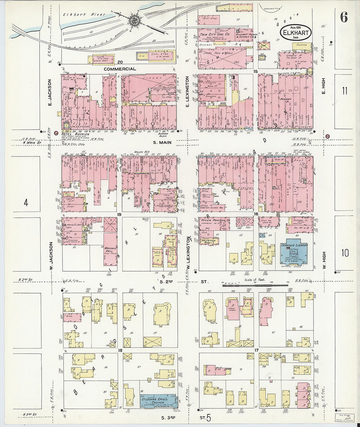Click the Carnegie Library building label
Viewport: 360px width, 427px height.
click(x=295, y=245)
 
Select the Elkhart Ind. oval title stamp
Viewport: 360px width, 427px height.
click(x=296, y=32)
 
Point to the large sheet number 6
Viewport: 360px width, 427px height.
click(x=344, y=17)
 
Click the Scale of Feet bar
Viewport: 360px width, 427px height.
click(x=255, y=286)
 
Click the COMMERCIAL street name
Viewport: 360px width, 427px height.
click(x=120, y=69)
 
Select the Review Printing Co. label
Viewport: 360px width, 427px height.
click(x=214, y=220)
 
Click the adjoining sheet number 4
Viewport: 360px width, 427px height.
click(x=26, y=203)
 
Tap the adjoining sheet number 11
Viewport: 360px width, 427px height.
click(x=344, y=91)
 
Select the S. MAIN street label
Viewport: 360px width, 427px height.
click(x=162, y=142)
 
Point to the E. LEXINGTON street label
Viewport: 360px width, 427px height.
click(x=188, y=92)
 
